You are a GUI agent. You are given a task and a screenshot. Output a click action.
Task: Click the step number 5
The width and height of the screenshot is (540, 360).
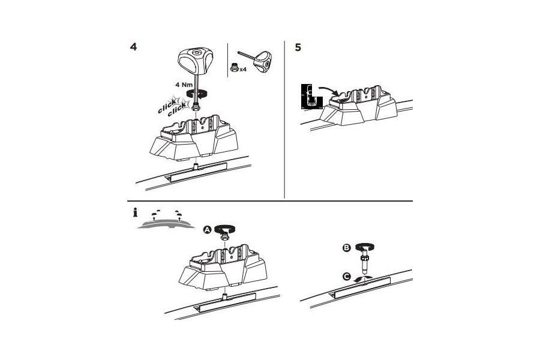coord(298,47)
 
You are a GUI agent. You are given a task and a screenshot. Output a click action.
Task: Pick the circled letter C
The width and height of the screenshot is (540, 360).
coord(346,277)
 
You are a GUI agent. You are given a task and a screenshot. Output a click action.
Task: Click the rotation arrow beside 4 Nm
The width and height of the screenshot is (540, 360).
coord(201,93)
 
